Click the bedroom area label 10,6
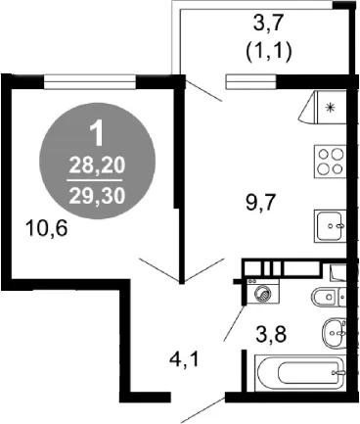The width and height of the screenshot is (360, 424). pyautogui.click(x=48, y=228)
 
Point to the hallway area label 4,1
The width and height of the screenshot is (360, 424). pyautogui.click(x=184, y=360)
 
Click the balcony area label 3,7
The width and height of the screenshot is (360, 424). pyautogui.click(x=268, y=24)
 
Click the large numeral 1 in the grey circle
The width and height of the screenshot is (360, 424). pyautogui.click(x=98, y=134)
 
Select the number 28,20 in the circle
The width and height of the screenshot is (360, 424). pyautogui.click(x=97, y=165)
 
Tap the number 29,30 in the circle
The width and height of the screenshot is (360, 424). pyautogui.click(x=97, y=197)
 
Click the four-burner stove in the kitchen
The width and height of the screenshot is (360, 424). pyautogui.click(x=330, y=162)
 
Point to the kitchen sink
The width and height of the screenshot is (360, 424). pyautogui.click(x=330, y=226)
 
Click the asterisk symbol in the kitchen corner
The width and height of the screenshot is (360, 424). pyautogui.click(x=331, y=108)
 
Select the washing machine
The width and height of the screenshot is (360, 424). pyautogui.click(x=263, y=292)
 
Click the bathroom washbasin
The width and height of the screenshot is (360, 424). pyautogui.click(x=334, y=333)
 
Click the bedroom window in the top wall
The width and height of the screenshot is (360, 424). pyautogui.click(x=90, y=82)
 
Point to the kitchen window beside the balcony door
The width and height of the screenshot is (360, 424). pyautogui.click(x=251, y=82)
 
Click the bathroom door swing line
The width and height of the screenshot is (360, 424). pyautogui.click(x=234, y=323)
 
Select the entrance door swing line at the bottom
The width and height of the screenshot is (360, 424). pyautogui.click(x=202, y=410)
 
